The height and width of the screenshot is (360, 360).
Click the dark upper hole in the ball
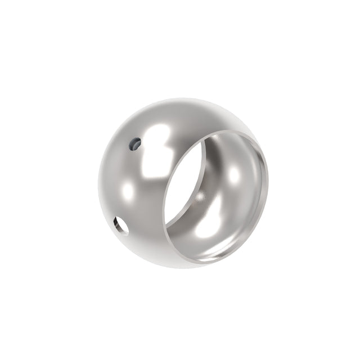point(134,145)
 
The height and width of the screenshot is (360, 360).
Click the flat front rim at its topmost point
point(236,131)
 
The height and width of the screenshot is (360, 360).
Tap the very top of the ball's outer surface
point(174,100)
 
